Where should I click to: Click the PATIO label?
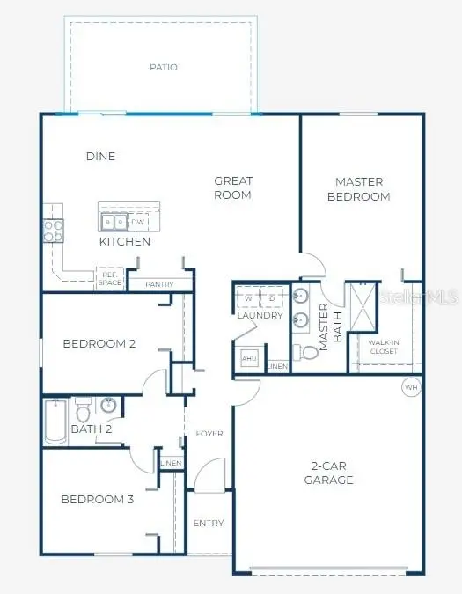point(163,67)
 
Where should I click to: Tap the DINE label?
point(100,157)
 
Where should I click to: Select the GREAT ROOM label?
point(233,188)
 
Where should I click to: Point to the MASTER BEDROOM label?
point(358,189)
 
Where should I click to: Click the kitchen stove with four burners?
point(53,231)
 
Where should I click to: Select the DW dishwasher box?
point(138,222)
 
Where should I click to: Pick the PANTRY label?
point(159,284)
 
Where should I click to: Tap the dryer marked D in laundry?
point(272,297)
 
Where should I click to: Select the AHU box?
point(248,359)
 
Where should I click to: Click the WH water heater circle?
point(411,386)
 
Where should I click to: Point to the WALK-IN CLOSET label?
point(383,347)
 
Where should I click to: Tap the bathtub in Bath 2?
point(54,421)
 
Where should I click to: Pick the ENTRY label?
point(209,524)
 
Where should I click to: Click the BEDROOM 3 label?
point(97,500)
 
